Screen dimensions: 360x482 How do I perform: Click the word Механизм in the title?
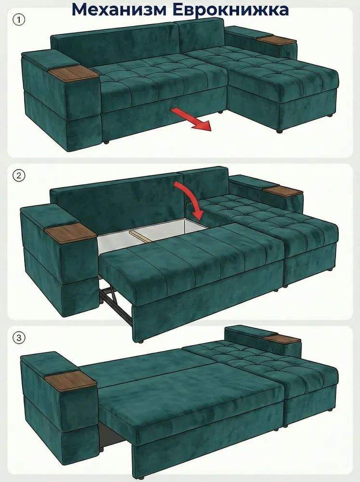[x=120, y=9]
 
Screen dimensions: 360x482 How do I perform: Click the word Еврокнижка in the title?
[x=230, y=9]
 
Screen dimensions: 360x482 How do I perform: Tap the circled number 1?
[x=19, y=20]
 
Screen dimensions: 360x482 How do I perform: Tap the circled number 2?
[x=19, y=176]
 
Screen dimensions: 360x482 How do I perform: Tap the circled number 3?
[x=19, y=338]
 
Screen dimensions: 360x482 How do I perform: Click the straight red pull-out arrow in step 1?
[x=191, y=119]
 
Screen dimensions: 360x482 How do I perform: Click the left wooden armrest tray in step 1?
[x=73, y=73]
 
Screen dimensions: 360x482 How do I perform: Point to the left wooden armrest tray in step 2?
[x=70, y=233]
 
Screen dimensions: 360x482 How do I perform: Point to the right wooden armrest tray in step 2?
[x=283, y=190]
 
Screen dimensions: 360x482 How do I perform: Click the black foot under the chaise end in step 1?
[x=280, y=131]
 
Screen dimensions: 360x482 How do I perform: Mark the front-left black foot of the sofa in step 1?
[x=106, y=142]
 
